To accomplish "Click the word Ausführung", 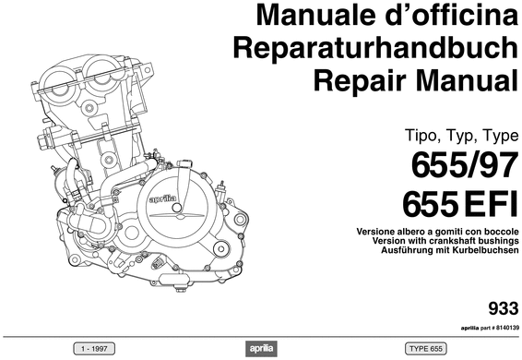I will tap(382, 250).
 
